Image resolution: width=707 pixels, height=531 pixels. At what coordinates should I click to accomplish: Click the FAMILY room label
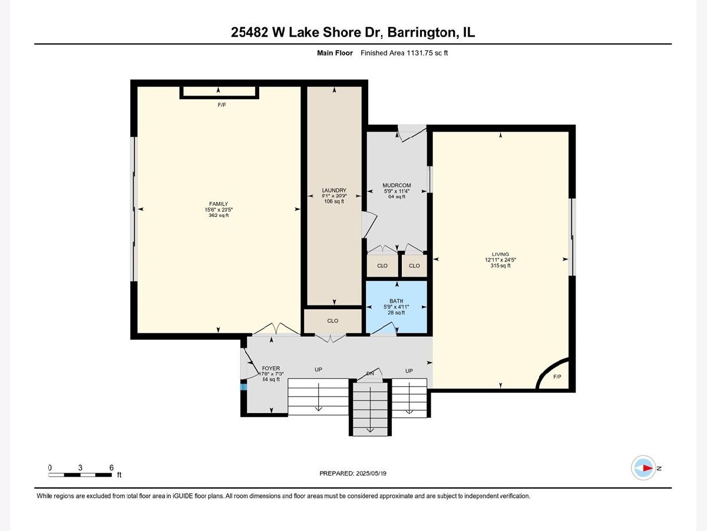219,204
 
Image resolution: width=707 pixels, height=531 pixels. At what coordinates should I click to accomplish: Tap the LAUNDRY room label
334,190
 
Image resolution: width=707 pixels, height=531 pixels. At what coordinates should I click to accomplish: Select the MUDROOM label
397,185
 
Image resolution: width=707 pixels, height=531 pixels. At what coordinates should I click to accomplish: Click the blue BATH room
397,307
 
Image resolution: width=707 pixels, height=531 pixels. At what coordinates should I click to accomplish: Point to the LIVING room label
500,254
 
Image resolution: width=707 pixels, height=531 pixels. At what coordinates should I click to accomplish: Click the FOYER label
271,368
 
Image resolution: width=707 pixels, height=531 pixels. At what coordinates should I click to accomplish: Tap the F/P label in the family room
222,105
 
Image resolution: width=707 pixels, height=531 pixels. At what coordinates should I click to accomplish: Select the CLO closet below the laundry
333,321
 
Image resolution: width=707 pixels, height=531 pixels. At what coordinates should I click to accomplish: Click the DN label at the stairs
370,373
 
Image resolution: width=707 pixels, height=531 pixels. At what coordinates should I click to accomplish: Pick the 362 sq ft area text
219,215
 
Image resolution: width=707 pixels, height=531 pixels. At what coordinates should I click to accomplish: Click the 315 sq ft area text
500,265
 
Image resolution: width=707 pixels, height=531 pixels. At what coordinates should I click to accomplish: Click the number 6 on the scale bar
111,467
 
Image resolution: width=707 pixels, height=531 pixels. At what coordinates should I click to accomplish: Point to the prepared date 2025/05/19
371,473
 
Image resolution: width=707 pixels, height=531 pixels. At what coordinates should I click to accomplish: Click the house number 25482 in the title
249,32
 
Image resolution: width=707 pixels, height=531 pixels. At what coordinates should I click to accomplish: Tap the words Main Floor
335,53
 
